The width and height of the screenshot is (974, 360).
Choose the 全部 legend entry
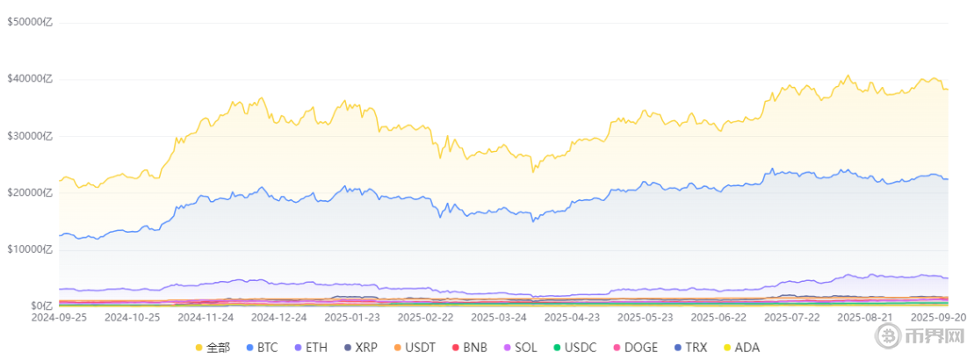(x=213, y=348)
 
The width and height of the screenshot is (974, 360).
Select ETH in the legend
(x=310, y=348)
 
